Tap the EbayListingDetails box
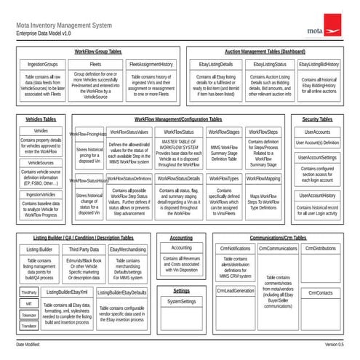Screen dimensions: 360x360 pyautogui.click(x=216, y=64)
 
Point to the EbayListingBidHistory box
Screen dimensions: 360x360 pyautogui.click(x=319, y=64)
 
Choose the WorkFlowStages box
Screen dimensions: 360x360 pyautogui.click(x=223, y=132)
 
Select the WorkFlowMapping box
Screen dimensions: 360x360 pyautogui.click(x=263, y=177)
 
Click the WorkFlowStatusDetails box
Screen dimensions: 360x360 pyautogui.click(x=179, y=177)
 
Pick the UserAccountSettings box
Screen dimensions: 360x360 pyautogui.click(x=317, y=157)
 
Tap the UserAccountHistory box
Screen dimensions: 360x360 pyautogui.click(x=317, y=195)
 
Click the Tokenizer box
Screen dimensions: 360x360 pyautogui.click(x=29, y=315)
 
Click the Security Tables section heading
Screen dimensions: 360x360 pyautogui.click(x=317, y=118)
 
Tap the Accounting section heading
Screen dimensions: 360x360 pyautogui.click(x=181, y=238)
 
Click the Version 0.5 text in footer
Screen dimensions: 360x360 pyautogui.click(x=335, y=343)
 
